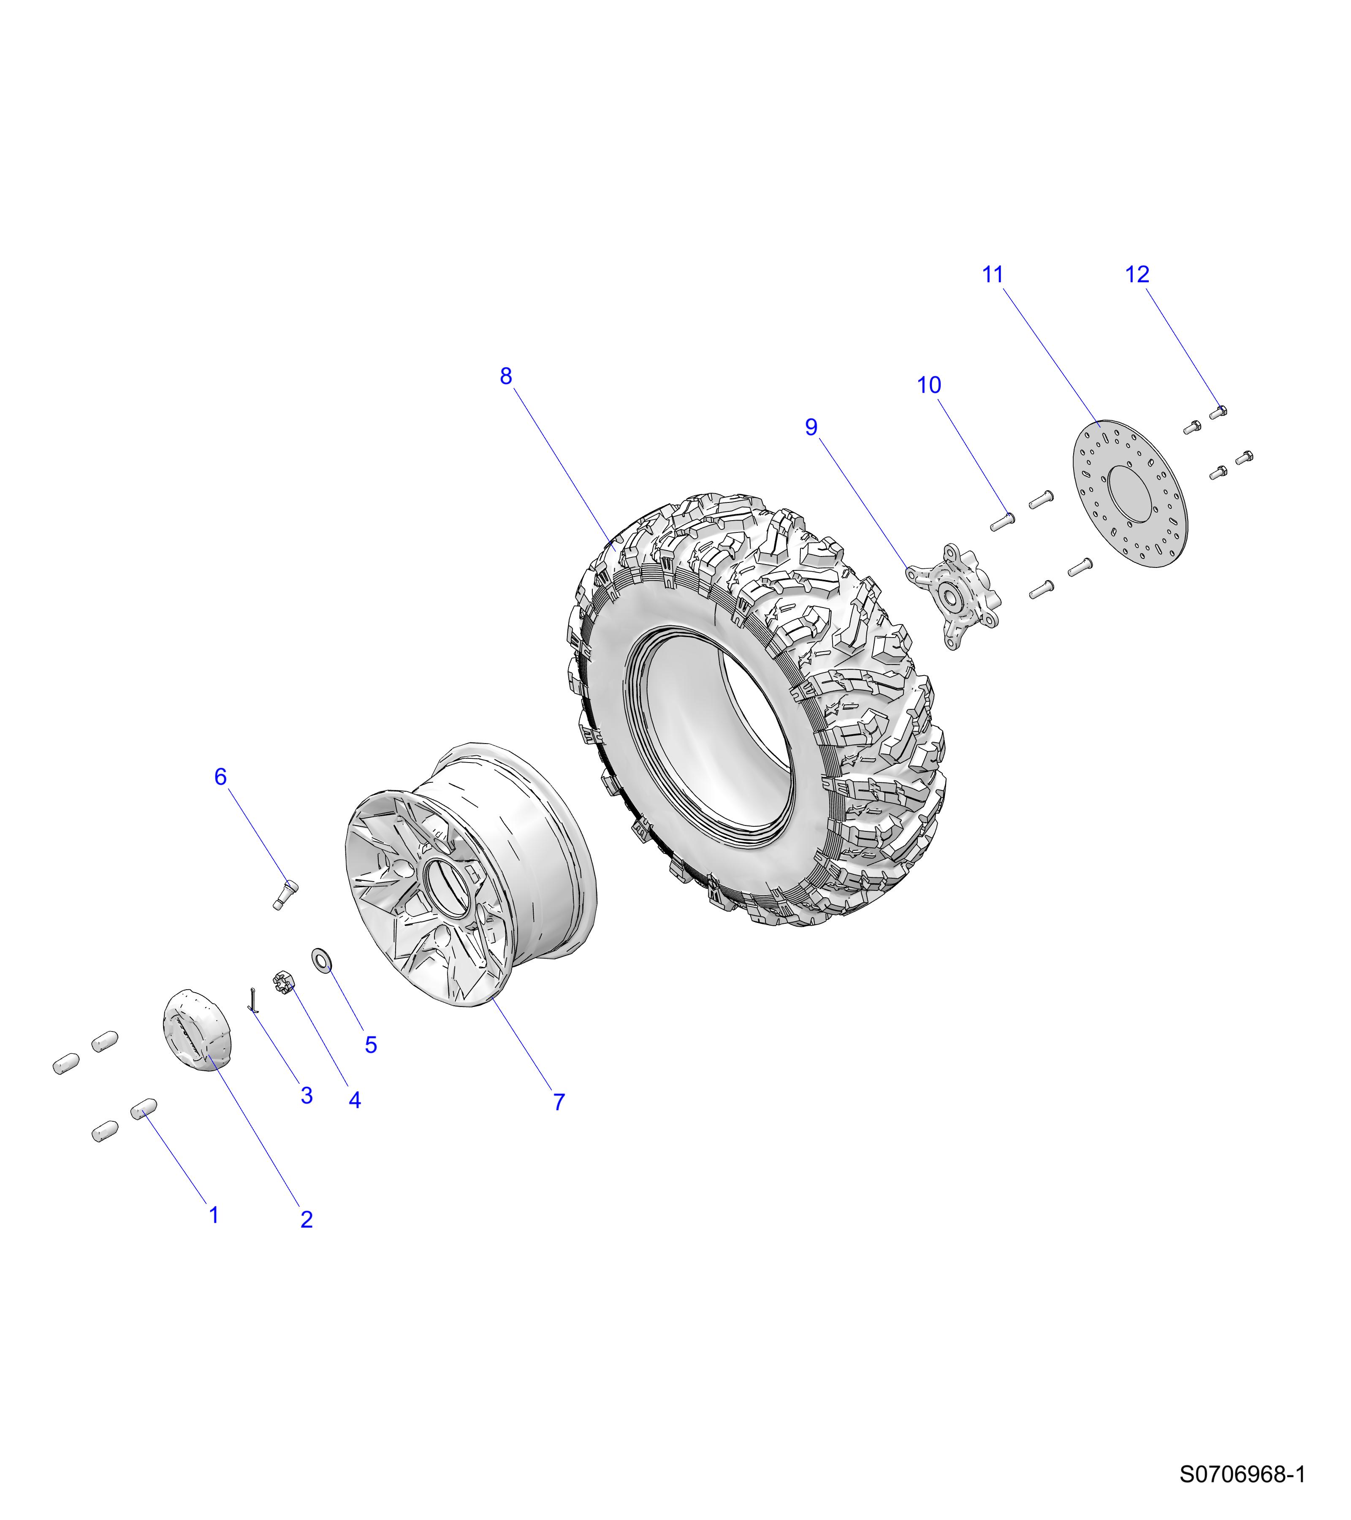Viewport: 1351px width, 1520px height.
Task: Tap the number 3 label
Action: tap(307, 1095)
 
